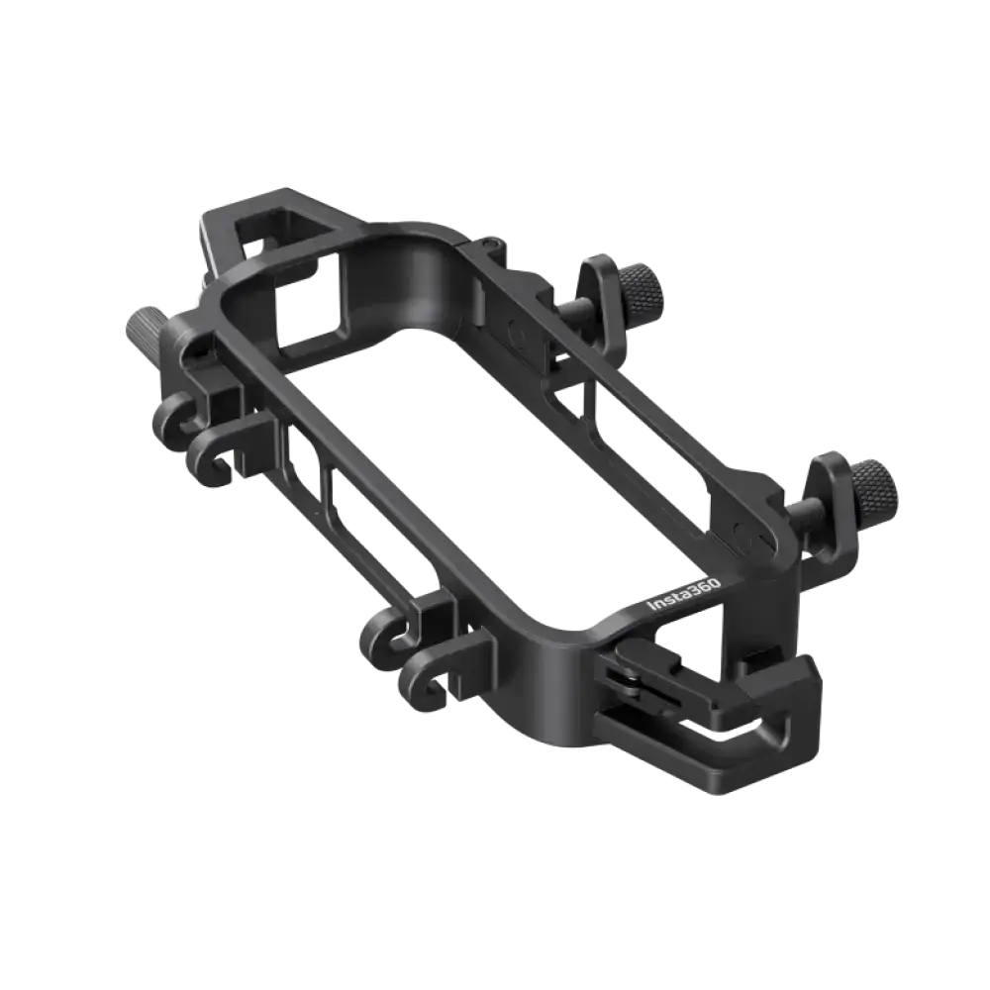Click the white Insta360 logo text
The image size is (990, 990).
684,596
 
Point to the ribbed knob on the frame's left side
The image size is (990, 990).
143,327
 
